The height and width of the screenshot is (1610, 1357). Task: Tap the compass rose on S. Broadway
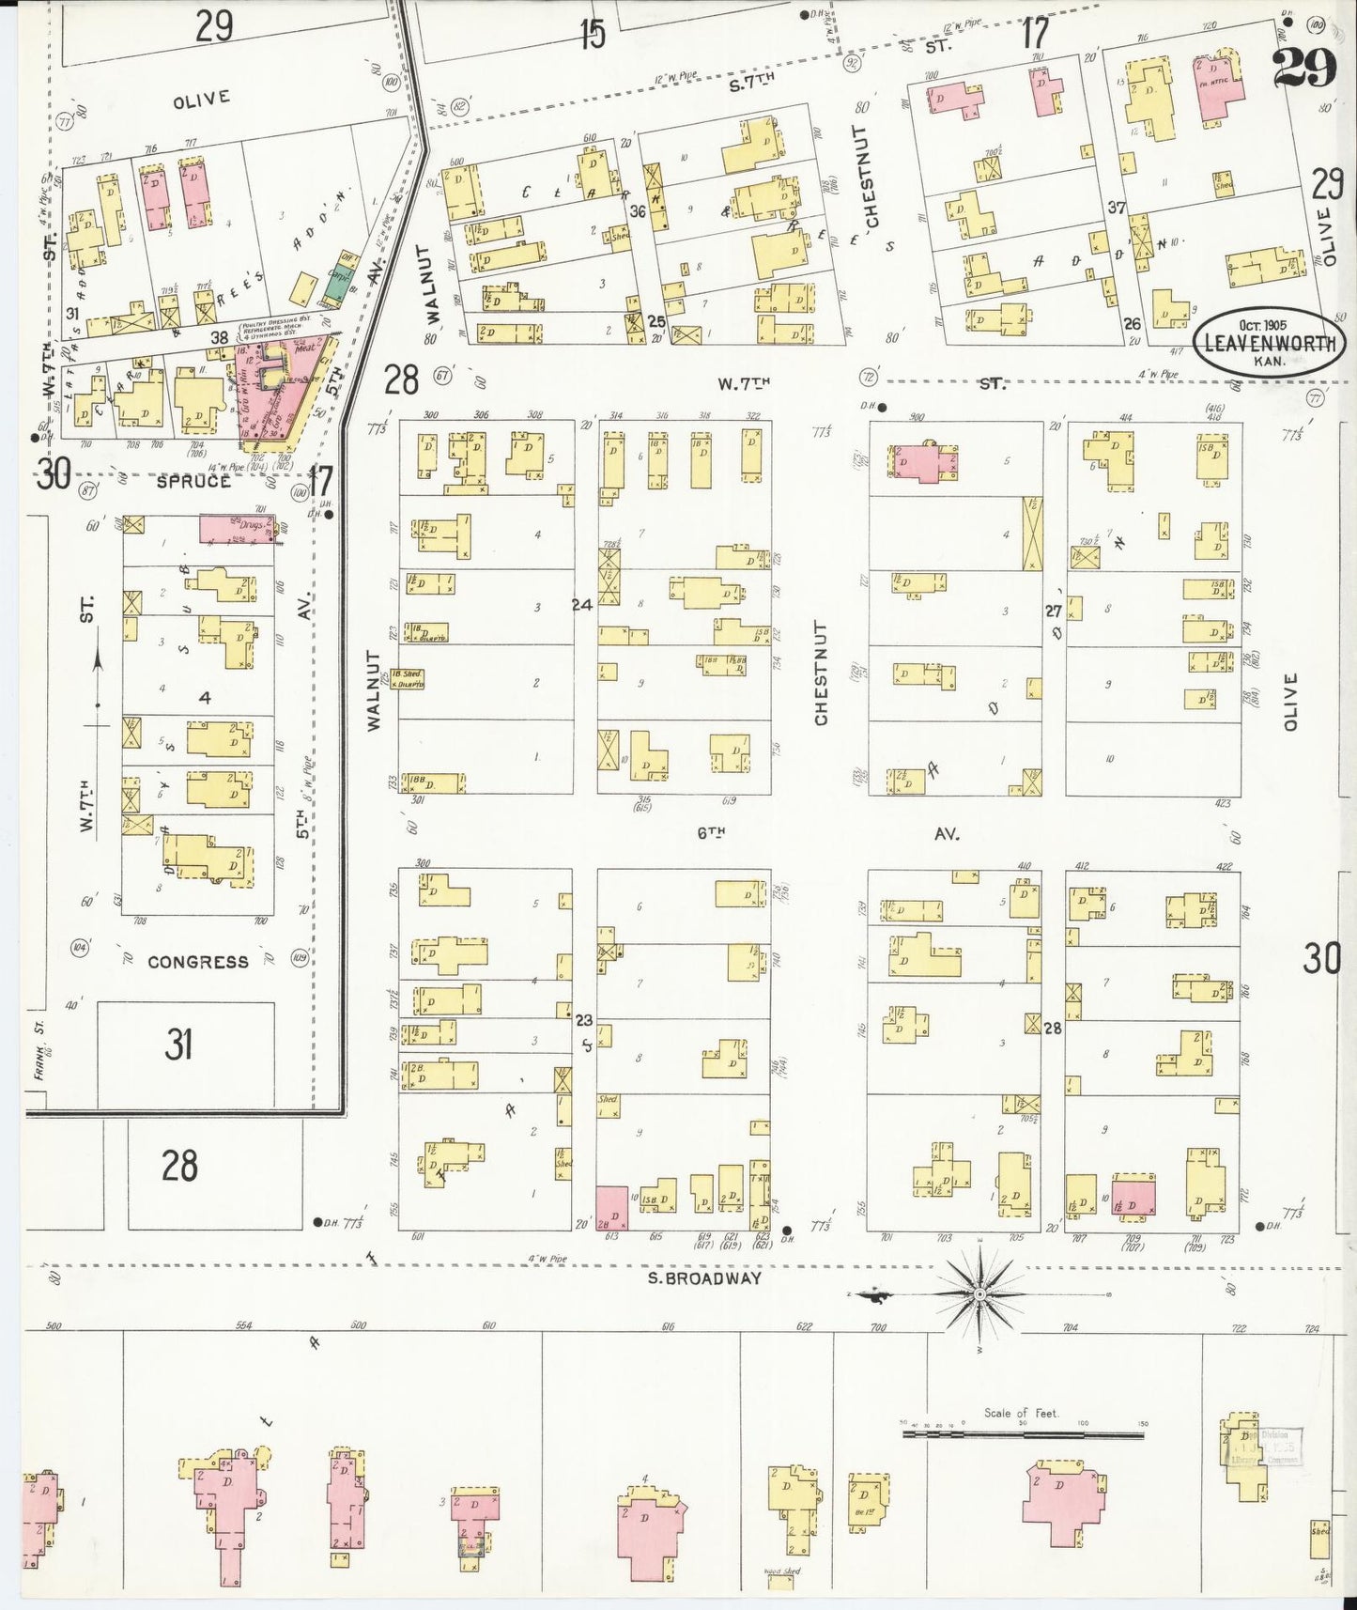[x=979, y=1293]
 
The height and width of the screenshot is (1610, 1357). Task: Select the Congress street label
[x=198, y=962]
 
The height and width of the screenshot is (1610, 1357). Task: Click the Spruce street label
[x=193, y=481]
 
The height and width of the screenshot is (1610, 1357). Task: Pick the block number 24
[x=582, y=605]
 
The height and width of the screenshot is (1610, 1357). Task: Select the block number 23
[x=583, y=1020]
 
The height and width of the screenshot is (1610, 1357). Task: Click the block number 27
[x=1053, y=611]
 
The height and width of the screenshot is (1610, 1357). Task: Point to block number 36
[x=637, y=211]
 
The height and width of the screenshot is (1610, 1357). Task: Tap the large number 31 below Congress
[x=178, y=1044]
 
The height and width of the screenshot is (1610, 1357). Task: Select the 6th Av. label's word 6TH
[x=712, y=832]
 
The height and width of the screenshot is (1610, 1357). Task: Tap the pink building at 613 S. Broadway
[x=612, y=1207]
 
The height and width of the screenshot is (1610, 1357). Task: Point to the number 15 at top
[x=593, y=35]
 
